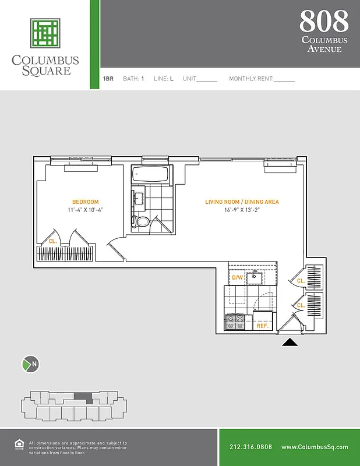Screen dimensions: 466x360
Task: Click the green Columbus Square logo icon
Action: tap(45, 33)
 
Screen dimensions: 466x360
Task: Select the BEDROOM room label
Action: tap(85, 202)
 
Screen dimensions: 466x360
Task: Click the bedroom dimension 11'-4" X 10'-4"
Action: tap(85, 210)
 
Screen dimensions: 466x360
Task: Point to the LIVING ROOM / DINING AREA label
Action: tap(242, 202)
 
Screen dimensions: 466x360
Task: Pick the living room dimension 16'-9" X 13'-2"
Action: tap(242, 210)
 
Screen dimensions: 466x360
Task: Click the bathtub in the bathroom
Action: tap(150, 174)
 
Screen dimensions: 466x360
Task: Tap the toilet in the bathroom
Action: tap(142, 221)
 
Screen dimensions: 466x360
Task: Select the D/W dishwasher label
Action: tap(237, 278)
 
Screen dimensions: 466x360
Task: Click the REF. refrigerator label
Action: tap(262, 327)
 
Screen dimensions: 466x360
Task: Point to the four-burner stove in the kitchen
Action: tap(235, 322)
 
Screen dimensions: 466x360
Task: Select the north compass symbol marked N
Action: tap(30, 365)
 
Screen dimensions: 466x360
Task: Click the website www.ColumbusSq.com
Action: tap(315, 447)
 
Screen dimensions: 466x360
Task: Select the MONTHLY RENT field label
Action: tap(250, 79)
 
